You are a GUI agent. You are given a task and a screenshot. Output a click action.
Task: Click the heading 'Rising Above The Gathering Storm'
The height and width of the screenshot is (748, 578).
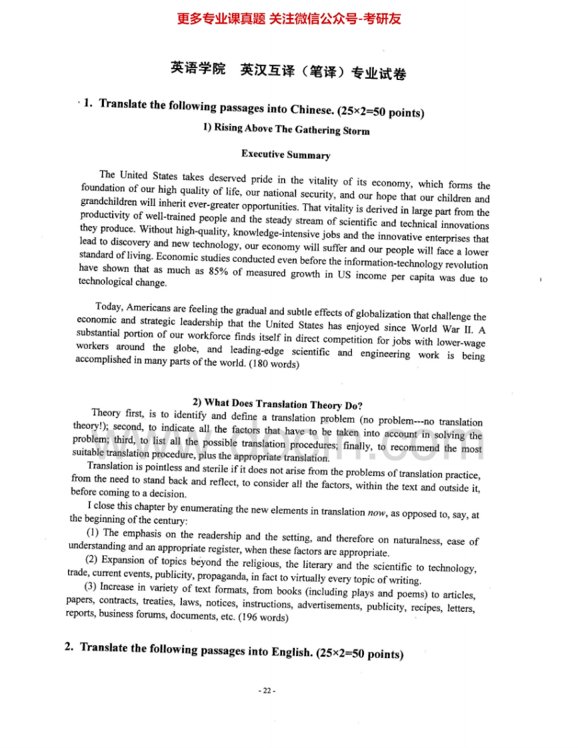coord(291,129)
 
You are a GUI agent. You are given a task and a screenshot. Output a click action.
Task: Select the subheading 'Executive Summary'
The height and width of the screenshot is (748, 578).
coord(285,155)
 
